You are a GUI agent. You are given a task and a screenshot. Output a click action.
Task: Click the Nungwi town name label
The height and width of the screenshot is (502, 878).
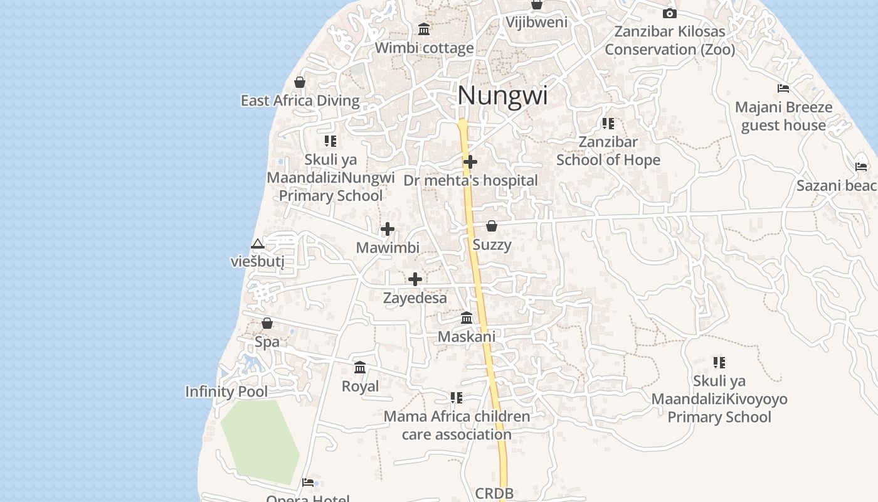pyautogui.click(x=502, y=96)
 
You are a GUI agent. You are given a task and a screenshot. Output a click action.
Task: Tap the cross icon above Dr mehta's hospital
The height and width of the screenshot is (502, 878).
pyautogui.click(x=470, y=163)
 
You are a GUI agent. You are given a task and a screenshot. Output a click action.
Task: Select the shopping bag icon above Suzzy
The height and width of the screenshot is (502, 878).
pyautogui.click(x=492, y=226)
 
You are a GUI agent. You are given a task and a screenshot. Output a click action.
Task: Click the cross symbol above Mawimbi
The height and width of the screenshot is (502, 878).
pyautogui.click(x=388, y=229)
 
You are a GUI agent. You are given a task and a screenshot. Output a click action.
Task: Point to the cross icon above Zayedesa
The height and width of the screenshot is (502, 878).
pyautogui.click(x=415, y=279)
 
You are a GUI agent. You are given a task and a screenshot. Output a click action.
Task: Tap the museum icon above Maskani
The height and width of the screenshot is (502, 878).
pyautogui.click(x=467, y=318)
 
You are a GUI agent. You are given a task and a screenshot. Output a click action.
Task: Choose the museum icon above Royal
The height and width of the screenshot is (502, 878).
pyautogui.click(x=360, y=367)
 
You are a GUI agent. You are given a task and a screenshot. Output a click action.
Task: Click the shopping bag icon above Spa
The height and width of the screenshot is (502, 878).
pyautogui.click(x=267, y=323)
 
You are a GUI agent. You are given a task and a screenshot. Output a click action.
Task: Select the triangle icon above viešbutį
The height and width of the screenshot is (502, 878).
pyautogui.click(x=257, y=243)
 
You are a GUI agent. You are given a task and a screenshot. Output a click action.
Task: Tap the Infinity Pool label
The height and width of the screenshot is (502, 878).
pyautogui.click(x=226, y=392)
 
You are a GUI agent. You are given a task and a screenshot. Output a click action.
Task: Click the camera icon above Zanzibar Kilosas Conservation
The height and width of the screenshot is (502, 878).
pyautogui.click(x=670, y=13)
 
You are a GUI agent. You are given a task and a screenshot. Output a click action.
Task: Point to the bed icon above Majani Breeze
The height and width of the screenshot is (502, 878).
pyautogui.click(x=783, y=88)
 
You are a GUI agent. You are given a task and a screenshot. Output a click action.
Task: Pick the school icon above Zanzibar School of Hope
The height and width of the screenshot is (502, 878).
pyautogui.click(x=608, y=124)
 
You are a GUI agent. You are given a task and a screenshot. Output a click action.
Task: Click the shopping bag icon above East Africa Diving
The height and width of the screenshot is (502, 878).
pyautogui.click(x=300, y=82)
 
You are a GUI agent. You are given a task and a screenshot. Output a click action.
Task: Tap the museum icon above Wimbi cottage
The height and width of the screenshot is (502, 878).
pyautogui.click(x=424, y=29)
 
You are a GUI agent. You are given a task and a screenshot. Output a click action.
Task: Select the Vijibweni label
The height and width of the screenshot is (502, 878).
pyautogui.click(x=537, y=22)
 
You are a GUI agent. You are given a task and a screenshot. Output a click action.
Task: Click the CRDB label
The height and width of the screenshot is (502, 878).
pyautogui.click(x=494, y=493)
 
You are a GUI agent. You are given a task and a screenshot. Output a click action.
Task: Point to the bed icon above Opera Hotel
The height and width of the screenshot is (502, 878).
pyautogui.click(x=307, y=482)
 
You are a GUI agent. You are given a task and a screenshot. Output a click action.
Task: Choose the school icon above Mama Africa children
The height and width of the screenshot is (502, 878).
pyautogui.click(x=457, y=398)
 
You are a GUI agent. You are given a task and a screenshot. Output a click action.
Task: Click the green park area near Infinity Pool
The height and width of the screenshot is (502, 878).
pyautogui.click(x=260, y=439)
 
